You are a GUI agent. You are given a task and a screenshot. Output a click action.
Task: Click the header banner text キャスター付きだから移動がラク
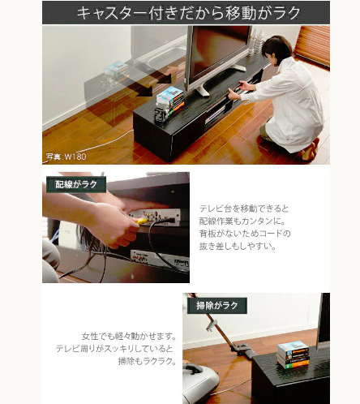pos(188,13)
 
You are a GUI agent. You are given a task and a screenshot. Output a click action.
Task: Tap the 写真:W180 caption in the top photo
pos(66,157)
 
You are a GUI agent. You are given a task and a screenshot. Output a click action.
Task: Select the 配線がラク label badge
pos(76,184)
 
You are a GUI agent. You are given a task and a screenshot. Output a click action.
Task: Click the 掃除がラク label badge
pos(217,306)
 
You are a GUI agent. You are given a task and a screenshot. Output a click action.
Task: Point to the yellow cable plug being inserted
pos(142,221)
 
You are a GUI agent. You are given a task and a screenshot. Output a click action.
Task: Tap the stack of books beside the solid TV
pos(169,103)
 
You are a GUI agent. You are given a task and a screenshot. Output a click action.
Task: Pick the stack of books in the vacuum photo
pos(294,355)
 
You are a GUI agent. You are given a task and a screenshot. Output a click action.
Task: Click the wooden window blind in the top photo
pos(313,45)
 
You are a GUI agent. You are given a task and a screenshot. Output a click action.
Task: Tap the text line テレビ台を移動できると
pos(244,208)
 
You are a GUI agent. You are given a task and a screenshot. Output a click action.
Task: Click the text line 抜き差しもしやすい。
pos(238,246)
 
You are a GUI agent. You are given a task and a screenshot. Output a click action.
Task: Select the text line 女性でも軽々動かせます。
pos(129,336)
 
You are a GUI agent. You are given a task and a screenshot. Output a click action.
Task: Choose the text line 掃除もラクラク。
pos(147,361)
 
